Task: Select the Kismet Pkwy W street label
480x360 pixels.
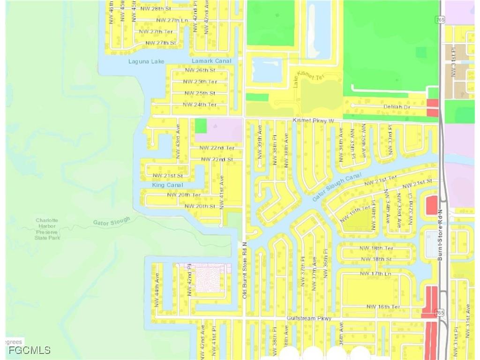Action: pyautogui.click(x=313, y=121)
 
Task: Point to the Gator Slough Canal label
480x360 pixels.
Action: pyautogui.click(x=337, y=187)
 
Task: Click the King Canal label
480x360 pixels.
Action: pyautogui.click(x=167, y=185)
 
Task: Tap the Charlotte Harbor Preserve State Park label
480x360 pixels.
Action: pyautogui.click(x=47, y=229)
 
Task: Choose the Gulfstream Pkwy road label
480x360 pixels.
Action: pyautogui.click(x=309, y=319)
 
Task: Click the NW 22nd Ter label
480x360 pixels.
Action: pyautogui.click(x=217, y=148)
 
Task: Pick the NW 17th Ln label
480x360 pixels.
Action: pyautogui.click(x=375, y=273)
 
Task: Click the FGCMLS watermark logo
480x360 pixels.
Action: pyautogui.click(x=29, y=350)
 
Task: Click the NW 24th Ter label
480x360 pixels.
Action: pyautogui.click(x=199, y=105)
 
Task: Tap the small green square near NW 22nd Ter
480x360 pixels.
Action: pyautogui.click(x=201, y=126)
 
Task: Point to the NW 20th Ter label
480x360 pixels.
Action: pyautogui.click(x=184, y=195)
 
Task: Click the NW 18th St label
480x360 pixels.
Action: pyautogui.click(x=372, y=259)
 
